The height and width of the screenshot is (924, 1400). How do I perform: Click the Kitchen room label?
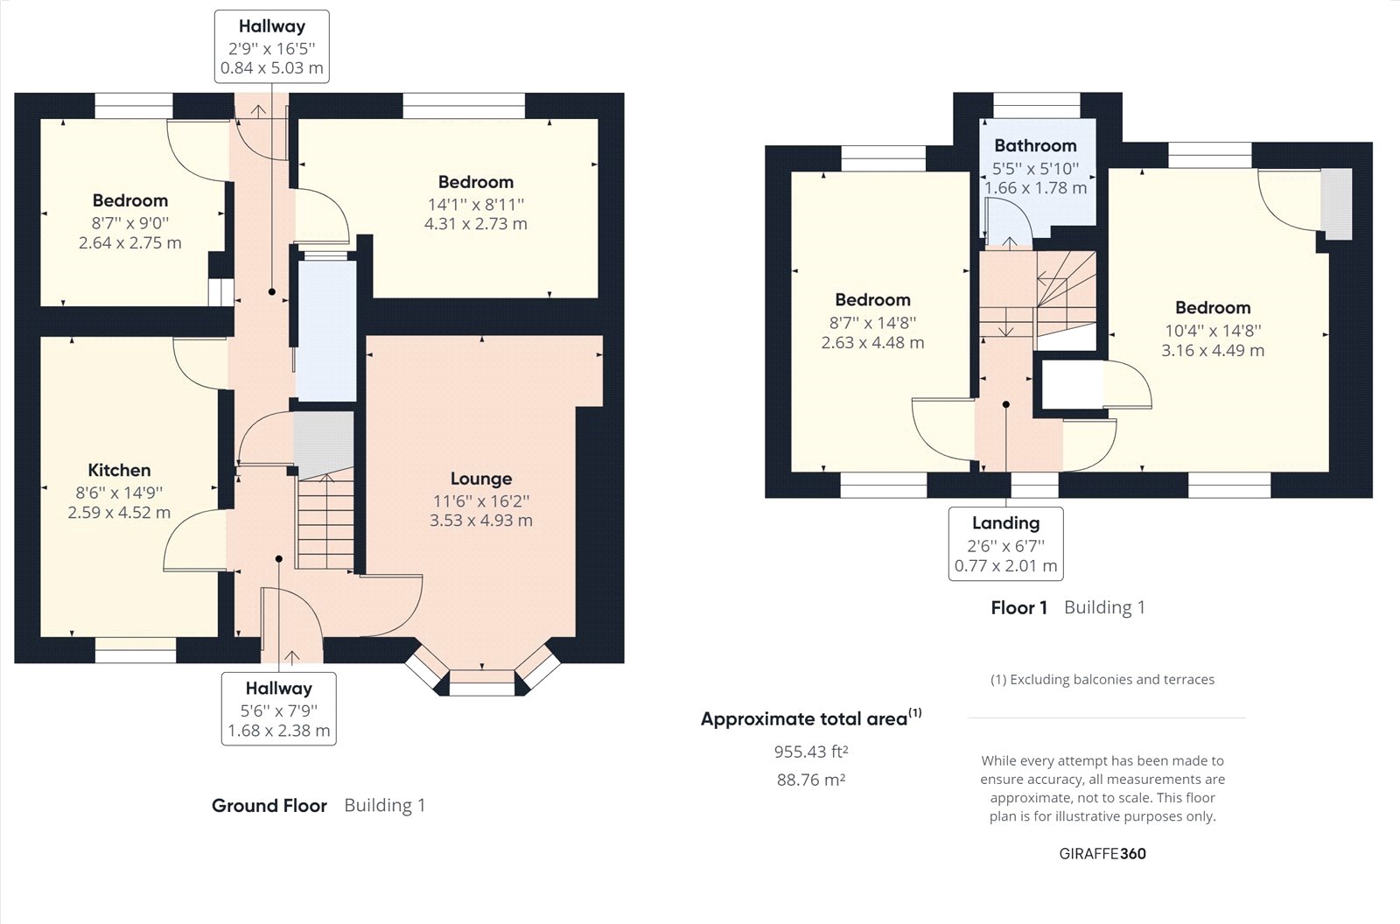(119, 470)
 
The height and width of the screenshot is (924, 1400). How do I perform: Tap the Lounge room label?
(481, 479)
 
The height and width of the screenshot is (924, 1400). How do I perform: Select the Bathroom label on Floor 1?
(1036, 145)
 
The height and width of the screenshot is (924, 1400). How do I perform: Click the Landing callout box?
(1005, 543)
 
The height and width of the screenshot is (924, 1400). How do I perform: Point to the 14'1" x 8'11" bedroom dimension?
(476, 205)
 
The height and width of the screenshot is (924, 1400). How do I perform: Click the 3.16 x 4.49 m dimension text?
(1213, 350)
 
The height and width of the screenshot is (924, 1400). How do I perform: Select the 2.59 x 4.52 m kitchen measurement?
(119, 513)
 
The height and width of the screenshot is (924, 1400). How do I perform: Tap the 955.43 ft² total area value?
(810, 752)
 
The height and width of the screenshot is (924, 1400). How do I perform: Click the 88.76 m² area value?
(810, 780)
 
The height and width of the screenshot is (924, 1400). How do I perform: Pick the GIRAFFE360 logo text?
(1102, 854)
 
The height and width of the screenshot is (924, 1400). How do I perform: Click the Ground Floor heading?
(269, 805)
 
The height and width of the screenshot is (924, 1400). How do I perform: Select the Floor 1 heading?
(1018, 607)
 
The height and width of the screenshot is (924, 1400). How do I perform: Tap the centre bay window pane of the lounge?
(482, 682)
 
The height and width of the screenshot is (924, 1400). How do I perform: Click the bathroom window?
(1036, 105)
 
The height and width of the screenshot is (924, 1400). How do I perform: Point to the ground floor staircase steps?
(325, 522)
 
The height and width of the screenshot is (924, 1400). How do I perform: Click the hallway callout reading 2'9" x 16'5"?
(272, 47)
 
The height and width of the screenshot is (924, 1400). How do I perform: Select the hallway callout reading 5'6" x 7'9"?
(279, 709)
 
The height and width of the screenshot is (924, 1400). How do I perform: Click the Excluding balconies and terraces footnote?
(1102, 680)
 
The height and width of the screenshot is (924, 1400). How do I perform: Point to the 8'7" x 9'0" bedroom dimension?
(130, 223)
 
